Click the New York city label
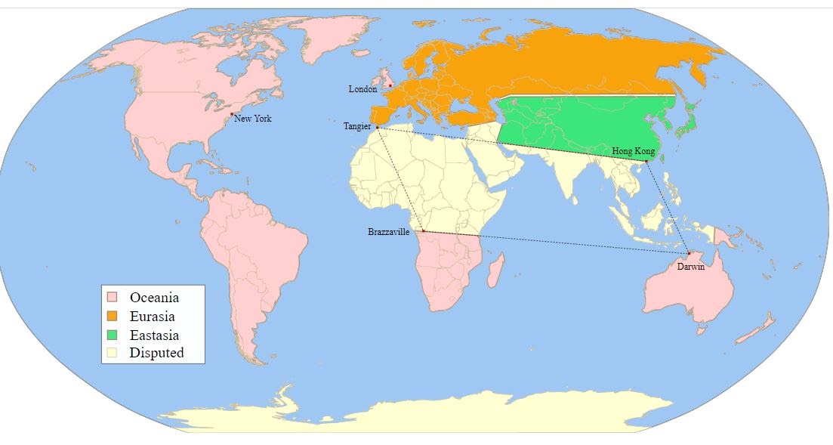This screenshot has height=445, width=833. (x=253, y=119)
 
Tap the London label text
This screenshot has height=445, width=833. (x=363, y=89)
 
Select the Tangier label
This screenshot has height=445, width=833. (x=357, y=126)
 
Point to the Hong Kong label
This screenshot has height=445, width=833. (x=633, y=152)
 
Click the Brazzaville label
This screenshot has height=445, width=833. (x=389, y=232)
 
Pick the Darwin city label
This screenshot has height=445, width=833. (x=690, y=267)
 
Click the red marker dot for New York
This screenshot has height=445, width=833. (x=232, y=114)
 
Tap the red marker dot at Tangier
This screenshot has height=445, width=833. (x=377, y=128)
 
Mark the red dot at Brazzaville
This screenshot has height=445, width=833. (x=423, y=230)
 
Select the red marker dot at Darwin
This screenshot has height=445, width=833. (x=689, y=253)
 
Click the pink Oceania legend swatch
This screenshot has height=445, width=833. (x=112, y=298)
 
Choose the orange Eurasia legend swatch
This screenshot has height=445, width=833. (x=112, y=316)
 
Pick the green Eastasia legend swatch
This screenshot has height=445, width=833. (x=112, y=334)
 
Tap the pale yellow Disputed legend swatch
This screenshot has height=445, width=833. (x=112, y=352)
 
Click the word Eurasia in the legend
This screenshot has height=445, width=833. (x=152, y=316)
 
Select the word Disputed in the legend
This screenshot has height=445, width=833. (x=156, y=352)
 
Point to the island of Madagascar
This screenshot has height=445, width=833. (x=495, y=270)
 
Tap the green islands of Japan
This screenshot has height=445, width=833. (x=686, y=121)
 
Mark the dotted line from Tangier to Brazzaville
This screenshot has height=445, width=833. (x=400, y=180)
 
